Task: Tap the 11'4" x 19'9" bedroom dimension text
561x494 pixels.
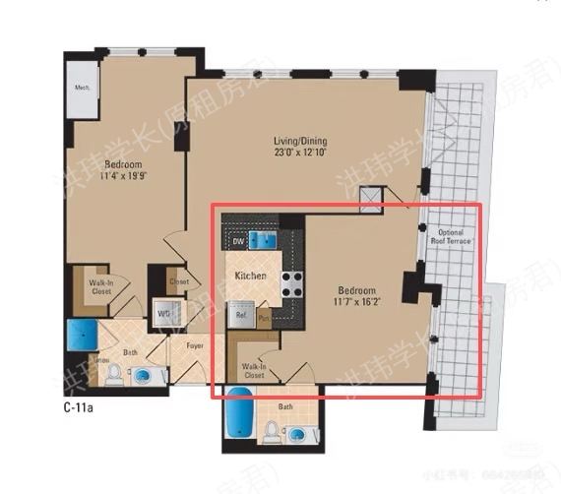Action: (123, 177)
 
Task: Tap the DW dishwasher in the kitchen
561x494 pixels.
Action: (237, 241)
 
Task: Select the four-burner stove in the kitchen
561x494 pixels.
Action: (292, 285)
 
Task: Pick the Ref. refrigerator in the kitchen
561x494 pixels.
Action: (238, 314)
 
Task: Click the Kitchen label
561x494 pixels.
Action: (250, 277)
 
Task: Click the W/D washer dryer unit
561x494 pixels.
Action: (162, 315)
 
